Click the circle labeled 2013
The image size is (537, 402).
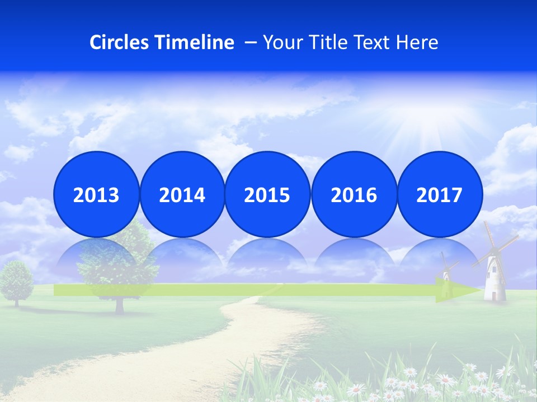click(96, 194)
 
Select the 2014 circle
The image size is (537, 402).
click(182, 194)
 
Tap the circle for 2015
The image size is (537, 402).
click(267, 194)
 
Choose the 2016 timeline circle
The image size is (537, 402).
click(354, 194)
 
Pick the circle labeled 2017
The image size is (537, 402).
click(439, 194)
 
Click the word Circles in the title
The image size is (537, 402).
click(120, 42)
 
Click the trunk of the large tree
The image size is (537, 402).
click(119, 303)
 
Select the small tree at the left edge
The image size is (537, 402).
click(17, 279)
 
